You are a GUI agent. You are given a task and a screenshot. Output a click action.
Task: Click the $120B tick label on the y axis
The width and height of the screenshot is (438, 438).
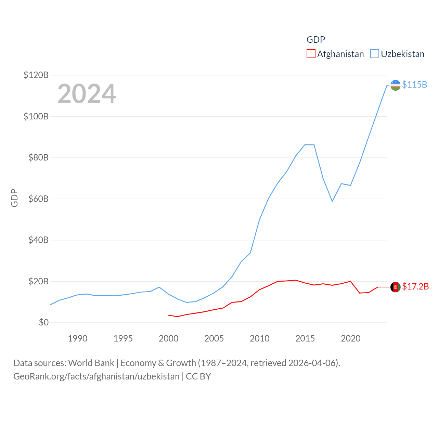36,75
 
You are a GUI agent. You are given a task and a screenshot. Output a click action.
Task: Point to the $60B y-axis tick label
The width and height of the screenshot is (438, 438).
38,199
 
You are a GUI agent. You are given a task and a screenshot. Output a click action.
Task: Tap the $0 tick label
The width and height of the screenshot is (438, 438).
44,323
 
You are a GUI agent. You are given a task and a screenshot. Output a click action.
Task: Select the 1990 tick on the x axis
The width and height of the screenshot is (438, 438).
78,338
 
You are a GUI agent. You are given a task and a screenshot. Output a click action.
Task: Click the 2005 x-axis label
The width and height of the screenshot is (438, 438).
214,338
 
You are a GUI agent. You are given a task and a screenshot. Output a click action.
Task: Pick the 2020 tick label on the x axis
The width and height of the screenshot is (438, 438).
350,338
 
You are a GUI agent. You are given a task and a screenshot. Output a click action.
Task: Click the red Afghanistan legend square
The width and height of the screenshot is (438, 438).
311,54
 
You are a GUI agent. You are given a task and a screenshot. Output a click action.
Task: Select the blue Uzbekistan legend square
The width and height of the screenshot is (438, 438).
375,54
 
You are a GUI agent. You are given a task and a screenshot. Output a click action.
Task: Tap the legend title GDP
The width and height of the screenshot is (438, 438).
315,40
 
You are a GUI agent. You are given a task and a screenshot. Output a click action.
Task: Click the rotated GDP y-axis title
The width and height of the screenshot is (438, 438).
14,198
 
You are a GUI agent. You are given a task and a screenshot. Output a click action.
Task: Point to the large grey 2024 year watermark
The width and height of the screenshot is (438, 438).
87,94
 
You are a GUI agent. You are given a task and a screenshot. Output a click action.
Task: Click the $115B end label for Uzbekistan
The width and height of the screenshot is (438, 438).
414,85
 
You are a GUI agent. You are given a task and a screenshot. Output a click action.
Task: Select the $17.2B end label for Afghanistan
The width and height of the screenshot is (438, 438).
415,286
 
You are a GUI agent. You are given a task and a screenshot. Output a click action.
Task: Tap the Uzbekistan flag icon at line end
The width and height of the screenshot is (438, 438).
395,85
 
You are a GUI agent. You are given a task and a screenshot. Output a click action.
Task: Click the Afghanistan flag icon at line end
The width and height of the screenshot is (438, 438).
395,287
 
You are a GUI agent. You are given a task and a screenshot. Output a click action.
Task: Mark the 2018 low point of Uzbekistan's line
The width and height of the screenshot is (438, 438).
332,201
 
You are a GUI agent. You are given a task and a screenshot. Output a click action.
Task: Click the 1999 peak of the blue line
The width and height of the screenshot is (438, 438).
159,287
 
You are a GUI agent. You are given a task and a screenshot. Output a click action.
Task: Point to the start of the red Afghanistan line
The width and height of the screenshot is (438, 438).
168,315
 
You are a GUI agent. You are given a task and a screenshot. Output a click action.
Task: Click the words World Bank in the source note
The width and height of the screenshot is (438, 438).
91,363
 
